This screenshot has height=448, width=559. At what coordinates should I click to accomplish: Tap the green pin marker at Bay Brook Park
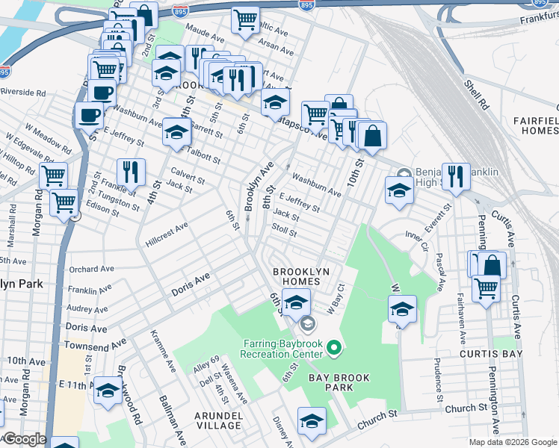[x=335, y=347]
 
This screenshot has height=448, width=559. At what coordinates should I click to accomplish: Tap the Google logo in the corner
[x=24, y=439]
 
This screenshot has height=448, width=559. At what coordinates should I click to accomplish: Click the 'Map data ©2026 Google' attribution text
[x=512, y=442]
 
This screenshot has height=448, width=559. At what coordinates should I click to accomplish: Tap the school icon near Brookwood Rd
[x=108, y=391]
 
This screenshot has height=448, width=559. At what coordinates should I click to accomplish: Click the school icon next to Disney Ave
[x=312, y=420]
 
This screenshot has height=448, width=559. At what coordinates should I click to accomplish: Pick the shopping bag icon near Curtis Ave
[x=492, y=264]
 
